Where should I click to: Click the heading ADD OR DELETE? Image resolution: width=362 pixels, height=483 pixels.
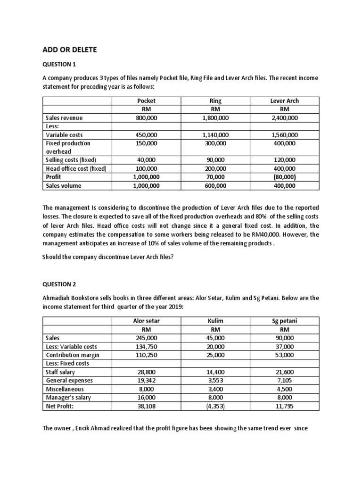click(x=69, y=50)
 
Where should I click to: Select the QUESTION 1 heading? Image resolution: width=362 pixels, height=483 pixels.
click(x=59, y=64)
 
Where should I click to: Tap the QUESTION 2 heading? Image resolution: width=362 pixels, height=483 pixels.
click(x=59, y=284)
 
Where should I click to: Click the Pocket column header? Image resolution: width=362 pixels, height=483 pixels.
click(x=146, y=101)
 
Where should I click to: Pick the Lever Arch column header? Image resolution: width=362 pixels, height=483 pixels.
click(x=284, y=101)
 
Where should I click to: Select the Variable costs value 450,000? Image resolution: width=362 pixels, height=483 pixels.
click(x=146, y=135)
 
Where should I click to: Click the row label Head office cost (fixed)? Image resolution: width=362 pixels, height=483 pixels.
click(x=76, y=168)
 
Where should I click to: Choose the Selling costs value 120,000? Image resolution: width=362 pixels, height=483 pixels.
click(x=284, y=160)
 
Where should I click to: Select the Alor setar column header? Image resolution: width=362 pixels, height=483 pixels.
click(x=146, y=321)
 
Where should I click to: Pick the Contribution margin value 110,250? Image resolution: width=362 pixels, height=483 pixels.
click(x=146, y=355)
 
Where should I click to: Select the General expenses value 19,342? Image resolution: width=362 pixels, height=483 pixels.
click(x=146, y=380)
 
